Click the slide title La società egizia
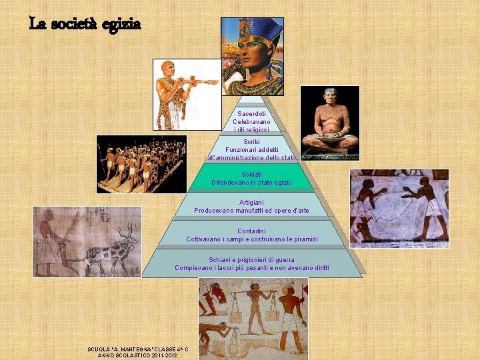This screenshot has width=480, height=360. point(85,24)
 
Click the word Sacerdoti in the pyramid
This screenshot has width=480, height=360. point(251,114)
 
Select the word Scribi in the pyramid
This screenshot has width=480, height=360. point(251,142)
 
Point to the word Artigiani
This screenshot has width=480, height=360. point(251,202)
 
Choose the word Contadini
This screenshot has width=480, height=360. point(251,231)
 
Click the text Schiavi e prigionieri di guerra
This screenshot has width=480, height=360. point(251,259)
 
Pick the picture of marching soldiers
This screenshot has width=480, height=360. point(141,164)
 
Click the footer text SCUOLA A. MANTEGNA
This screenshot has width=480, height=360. point(137,349)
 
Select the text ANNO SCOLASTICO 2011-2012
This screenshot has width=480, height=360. point(137,355)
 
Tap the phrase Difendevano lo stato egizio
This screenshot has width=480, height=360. point(251,182)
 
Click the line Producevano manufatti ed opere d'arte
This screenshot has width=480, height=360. point(251,211)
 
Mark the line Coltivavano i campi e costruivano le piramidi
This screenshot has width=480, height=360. point(251,239)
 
